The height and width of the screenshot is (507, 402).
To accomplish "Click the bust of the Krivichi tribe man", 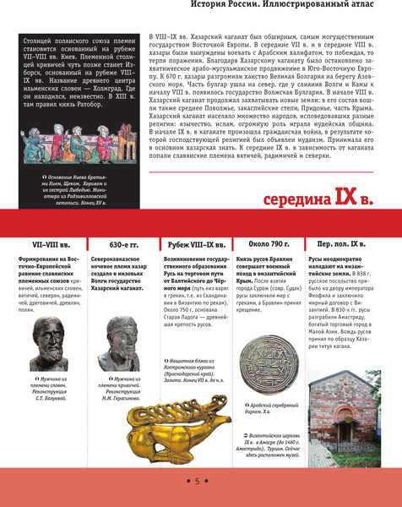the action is [123, 344].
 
